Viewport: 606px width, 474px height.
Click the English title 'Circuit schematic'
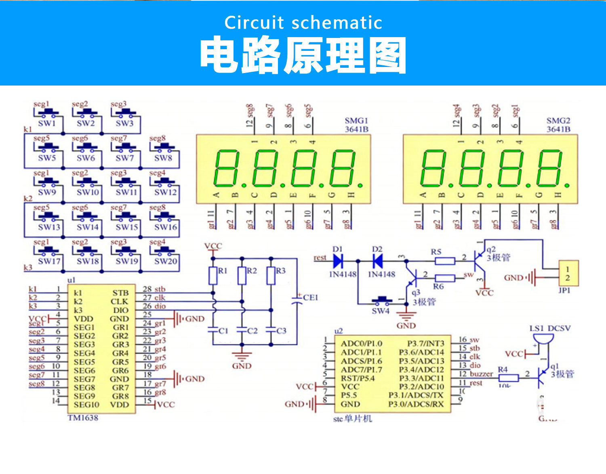(x=303, y=23)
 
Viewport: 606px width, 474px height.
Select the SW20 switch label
(x=166, y=261)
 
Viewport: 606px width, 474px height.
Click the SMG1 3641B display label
(x=356, y=125)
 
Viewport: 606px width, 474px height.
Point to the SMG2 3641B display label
(x=558, y=125)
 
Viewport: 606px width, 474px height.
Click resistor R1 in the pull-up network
(x=213, y=276)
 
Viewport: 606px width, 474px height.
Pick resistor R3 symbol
(x=271, y=276)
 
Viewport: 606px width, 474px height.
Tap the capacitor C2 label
(x=252, y=331)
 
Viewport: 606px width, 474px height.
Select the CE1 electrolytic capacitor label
(x=310, y=297)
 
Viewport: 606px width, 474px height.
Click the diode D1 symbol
(x=338, y=261)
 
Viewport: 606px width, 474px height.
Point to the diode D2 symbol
(x=377, y=261)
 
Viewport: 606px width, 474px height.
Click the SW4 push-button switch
(x=381, y=301)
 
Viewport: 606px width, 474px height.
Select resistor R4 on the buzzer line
(x=508, y=378)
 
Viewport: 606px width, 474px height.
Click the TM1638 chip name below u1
(x=83, y=418)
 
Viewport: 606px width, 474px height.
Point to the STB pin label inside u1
(x=120, y=293)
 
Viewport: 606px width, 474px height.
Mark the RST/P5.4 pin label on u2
(x=358, y=378)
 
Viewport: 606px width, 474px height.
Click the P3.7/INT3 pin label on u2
(x=425, y=343)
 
